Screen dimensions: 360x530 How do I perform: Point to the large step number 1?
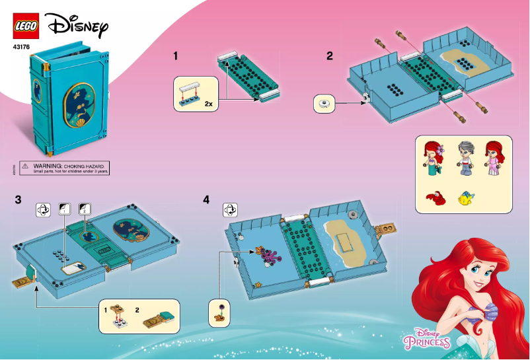176,56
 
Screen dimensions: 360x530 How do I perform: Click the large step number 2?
329,56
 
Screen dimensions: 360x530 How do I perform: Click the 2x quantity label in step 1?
208,104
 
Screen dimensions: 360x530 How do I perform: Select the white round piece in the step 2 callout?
324,103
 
